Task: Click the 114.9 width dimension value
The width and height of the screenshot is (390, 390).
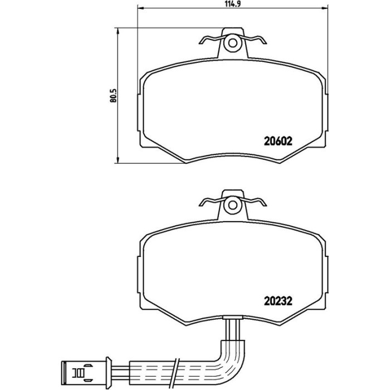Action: tap(233, 4)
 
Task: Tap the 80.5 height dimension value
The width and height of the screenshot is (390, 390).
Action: tap(113, 95)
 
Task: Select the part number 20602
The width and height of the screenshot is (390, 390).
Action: tap(278, 142)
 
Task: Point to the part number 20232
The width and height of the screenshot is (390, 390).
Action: tap(278, 301)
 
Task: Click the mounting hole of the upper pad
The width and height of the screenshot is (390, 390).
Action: tap(233, 43)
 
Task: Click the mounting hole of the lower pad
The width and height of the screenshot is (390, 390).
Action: tap(233, 205)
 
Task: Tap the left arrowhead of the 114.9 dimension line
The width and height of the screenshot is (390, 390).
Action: tap(141, 8)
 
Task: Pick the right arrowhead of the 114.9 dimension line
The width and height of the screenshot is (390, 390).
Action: tap(325, 8)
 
